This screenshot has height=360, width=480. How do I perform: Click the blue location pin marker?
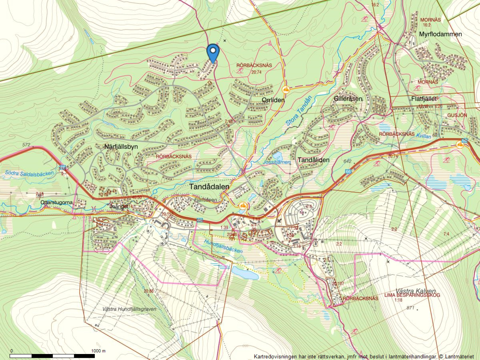pos(213,53)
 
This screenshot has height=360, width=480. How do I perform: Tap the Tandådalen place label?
pos(209,187)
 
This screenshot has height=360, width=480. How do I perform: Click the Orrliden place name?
pos(273,100)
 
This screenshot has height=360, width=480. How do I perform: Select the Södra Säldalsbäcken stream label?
pos(29,173)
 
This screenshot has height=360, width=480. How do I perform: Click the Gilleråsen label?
pos(348,98)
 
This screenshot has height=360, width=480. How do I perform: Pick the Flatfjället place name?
pos(424,98)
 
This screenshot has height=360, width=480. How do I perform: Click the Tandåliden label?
pos(313,160)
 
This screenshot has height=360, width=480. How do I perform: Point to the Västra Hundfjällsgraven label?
pos(129,309)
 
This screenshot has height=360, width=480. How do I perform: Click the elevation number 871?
pos(410,308)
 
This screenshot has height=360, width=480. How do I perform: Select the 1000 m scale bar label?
pos(98,351)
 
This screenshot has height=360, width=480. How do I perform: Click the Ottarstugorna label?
pos(56,202)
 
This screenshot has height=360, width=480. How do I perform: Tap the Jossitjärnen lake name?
pos(276,162)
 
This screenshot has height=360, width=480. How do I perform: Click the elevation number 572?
pos(26,145)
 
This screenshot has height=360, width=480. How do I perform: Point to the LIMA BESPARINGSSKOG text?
pos(412,295)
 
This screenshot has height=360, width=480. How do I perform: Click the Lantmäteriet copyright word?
pos(459,356)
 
